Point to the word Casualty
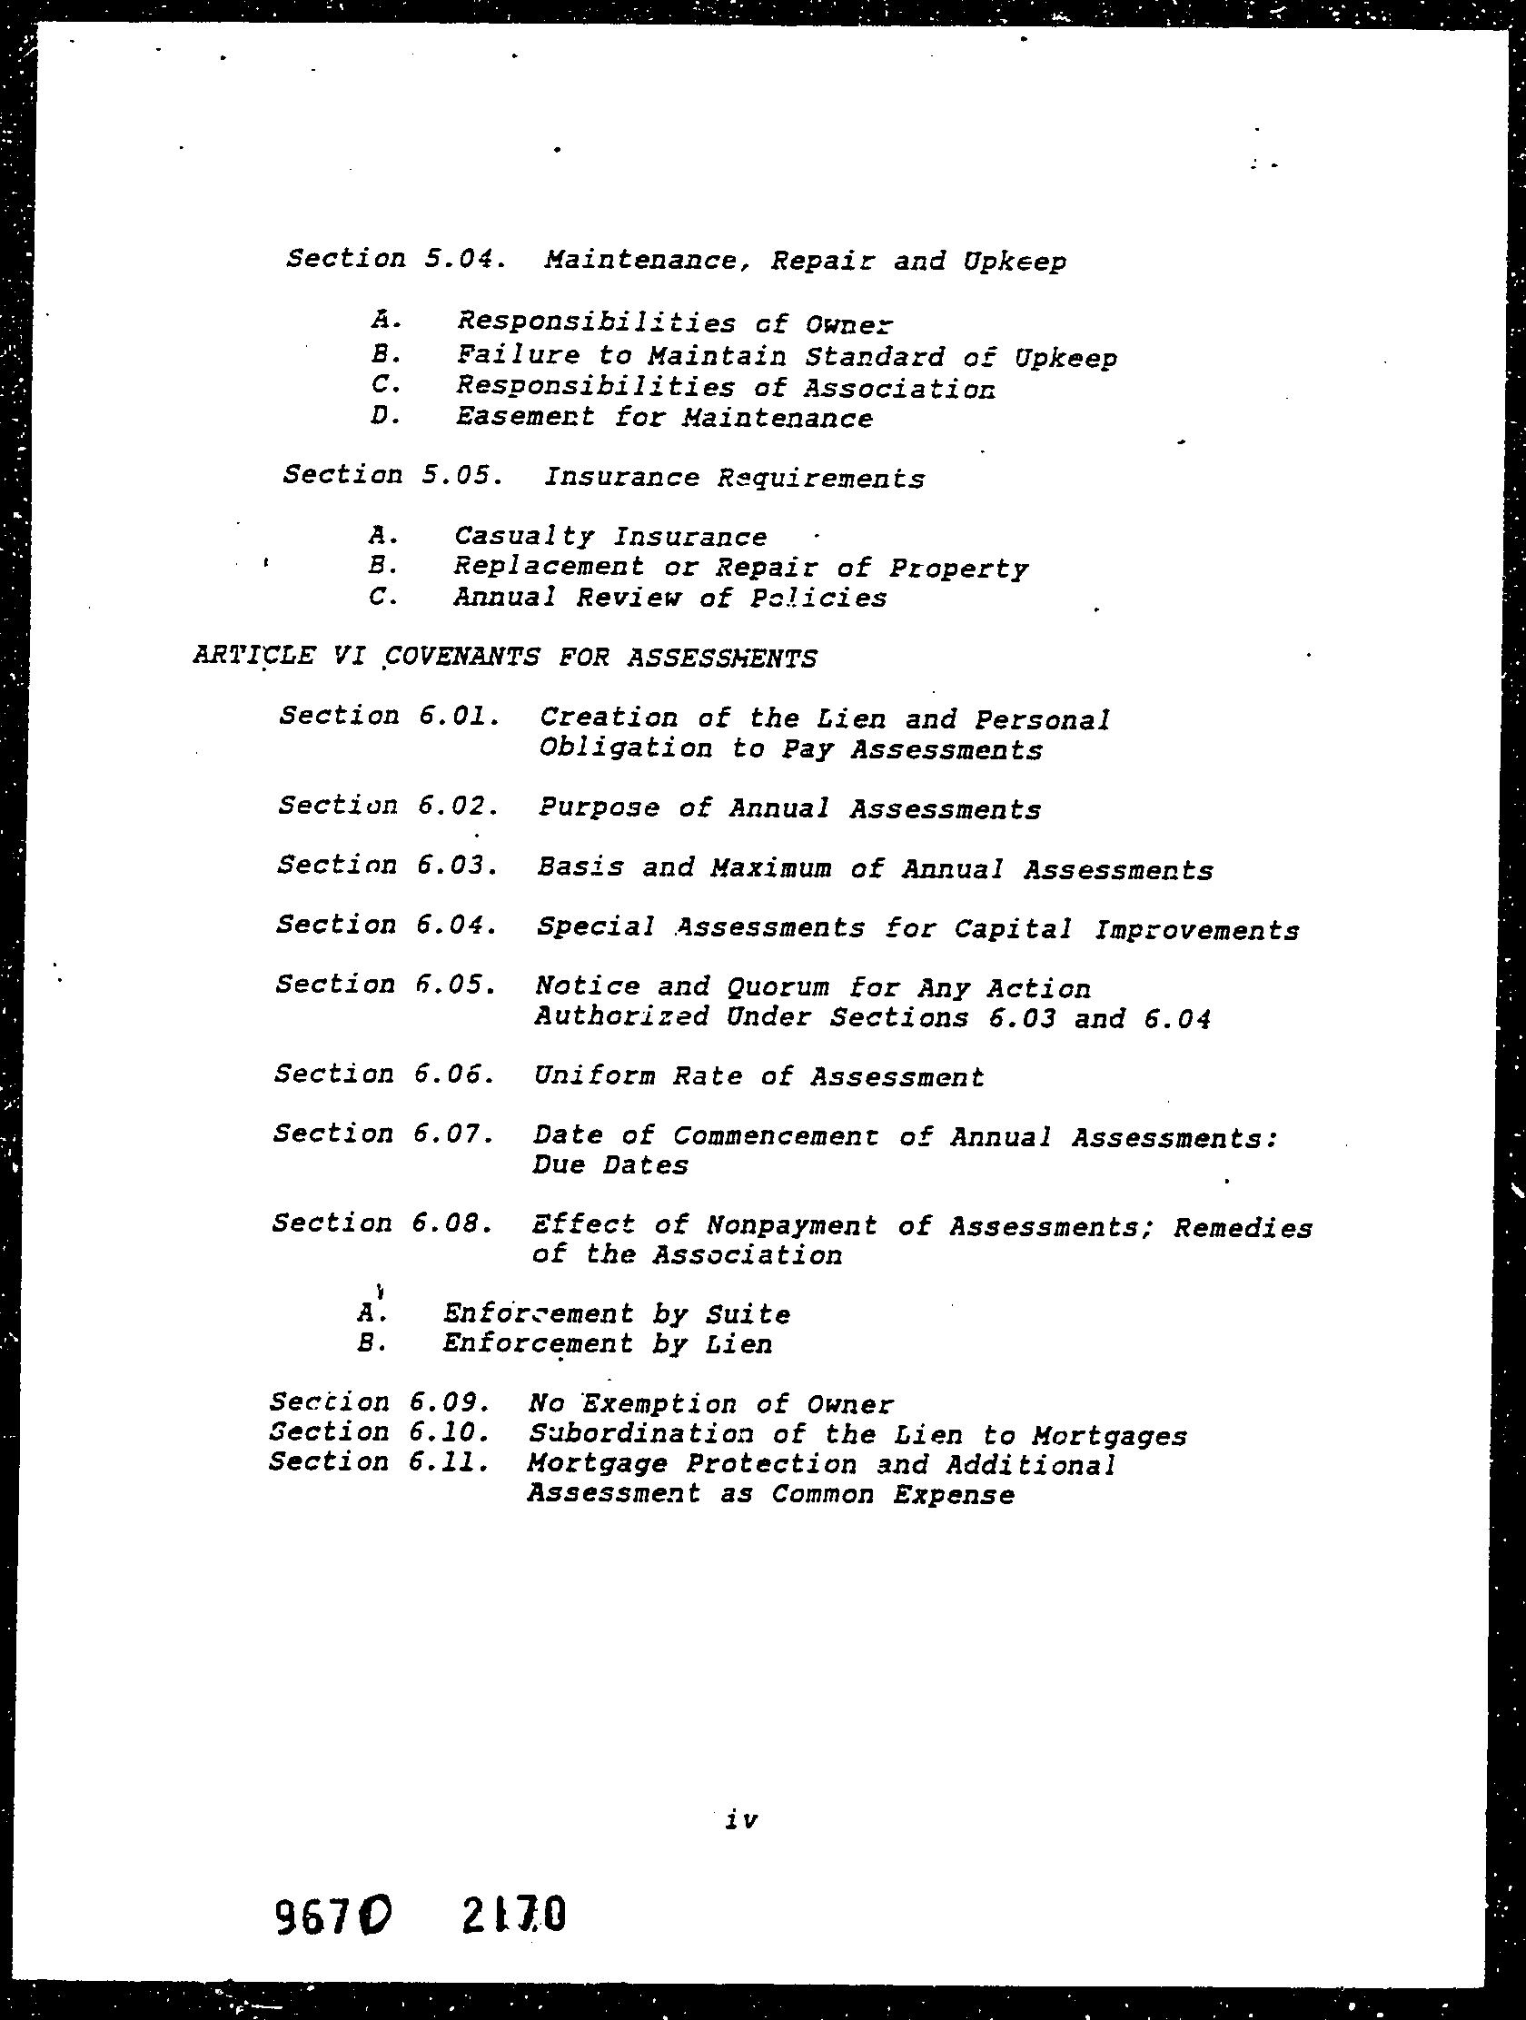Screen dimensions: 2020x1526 [x=524, y=537]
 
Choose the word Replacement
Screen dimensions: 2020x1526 [x=549, y=567]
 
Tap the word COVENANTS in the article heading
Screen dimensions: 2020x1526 [x=464, y=658]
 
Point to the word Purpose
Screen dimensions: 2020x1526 [x=599, y=809]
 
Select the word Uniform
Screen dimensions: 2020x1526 [x=595, y=1076]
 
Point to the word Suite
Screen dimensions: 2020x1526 [x=748, y=1315]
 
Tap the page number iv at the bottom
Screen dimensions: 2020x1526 [x=740, y=1795]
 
